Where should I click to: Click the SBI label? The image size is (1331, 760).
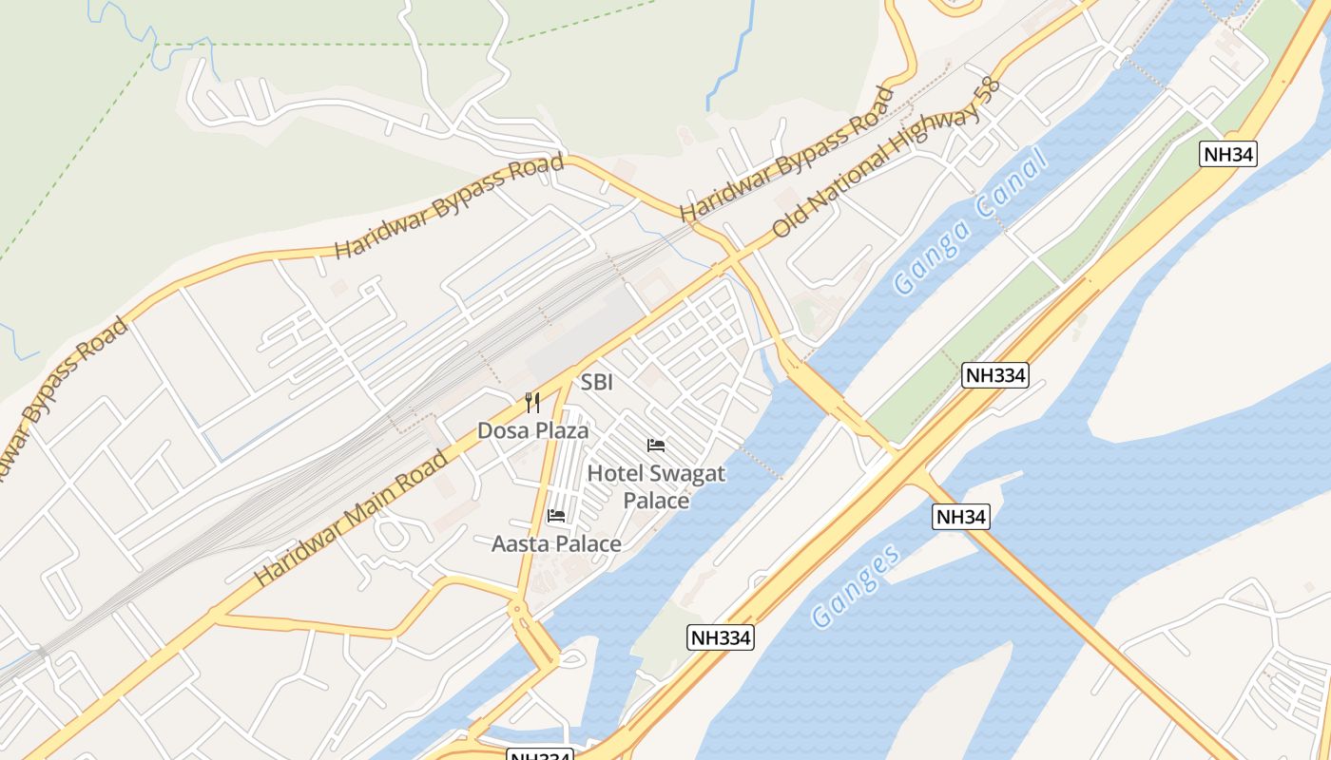597,383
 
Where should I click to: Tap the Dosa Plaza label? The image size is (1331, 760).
532,430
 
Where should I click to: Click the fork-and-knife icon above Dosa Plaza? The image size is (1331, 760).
532,403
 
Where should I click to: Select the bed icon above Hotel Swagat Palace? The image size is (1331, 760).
656,445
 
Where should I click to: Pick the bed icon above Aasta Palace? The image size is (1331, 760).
556,516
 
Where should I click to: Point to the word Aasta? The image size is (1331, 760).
521,544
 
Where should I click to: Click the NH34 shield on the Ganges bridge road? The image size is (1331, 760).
961,517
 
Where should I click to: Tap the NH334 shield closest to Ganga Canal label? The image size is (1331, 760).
995,374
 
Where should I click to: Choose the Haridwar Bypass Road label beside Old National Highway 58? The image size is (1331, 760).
788,153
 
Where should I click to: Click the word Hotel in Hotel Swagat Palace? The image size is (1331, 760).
615,474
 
